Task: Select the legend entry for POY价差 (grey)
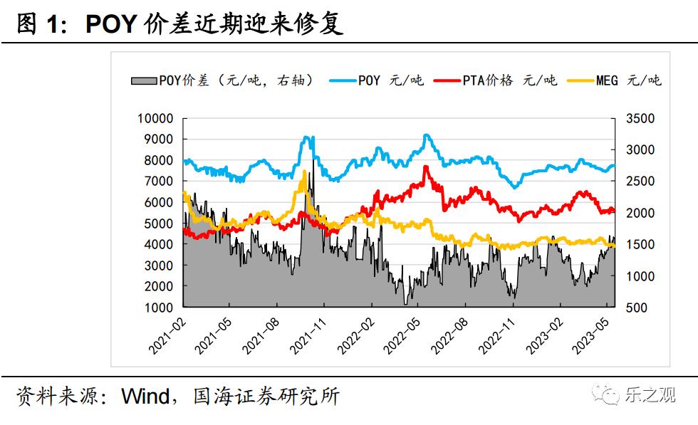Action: pyautogui.click(x=222, y=80)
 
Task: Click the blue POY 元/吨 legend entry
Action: pyautogui.click(x=377, y=80)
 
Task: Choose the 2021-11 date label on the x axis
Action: pyautogui.click(x=308, y=335)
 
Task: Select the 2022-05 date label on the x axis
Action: pyautogui.click(x=402, y=335)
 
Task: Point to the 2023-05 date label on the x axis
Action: pyautogui.click(x=592, y=335)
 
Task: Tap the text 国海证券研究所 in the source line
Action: pyautogui.click(x=266, y=396)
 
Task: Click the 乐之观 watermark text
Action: pyautogui.click(x=650, y=395)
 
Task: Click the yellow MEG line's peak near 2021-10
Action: pyautogui.click(x=304, y=172)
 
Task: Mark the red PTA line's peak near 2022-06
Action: pyautogui.click(x=425, y=167)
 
